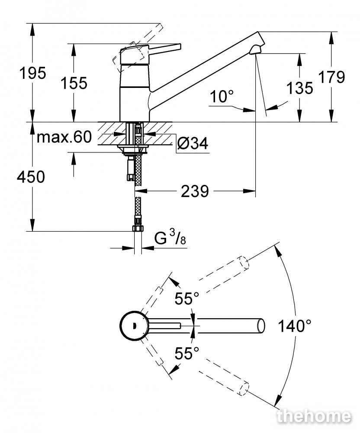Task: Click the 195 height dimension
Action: point(32,74)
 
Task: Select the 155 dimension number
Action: point(74,83)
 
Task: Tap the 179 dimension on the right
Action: point(331,77)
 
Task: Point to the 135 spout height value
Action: point(299,88)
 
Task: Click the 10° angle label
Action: point(222,97)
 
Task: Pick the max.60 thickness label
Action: point(64,137)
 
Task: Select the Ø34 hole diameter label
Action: point(193,143)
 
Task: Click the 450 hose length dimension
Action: point(31,177)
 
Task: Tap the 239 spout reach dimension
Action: point(195,191)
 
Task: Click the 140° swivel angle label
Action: point(294,326)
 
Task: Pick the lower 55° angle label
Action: point(187,353)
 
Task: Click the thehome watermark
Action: point(314,416)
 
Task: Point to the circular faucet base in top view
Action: point(134,326)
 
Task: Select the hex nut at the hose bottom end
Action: point(138,229)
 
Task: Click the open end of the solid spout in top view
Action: point(261,326)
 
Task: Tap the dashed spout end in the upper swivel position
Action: point(243,263)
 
